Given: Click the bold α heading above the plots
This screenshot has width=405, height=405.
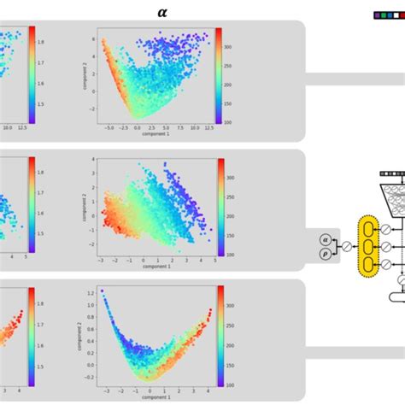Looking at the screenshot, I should [163, 12].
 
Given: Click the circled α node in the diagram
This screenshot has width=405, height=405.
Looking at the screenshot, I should [325, 240].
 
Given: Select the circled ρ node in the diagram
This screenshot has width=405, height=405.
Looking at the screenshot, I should [325, 254].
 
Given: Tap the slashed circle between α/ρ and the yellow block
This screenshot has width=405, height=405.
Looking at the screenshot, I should [346, 247].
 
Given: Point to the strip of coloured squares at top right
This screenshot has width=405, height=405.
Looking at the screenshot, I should [389, 15].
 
